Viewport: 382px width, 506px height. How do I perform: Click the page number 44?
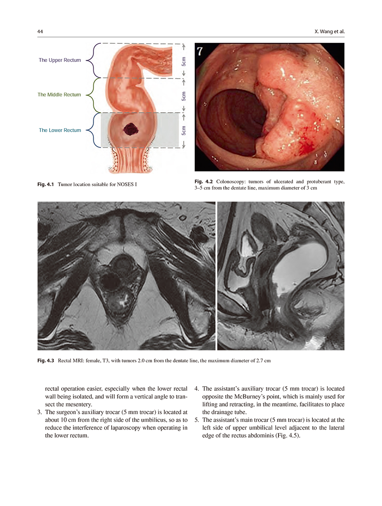(40, 32)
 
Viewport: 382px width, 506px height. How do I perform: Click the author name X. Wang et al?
(329, 32)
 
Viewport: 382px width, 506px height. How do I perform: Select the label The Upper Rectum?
(59, 60)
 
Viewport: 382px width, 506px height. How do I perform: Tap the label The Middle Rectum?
(59, 95)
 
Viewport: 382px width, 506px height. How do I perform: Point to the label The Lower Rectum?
(60, 130)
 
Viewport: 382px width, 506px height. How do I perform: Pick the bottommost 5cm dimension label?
(183, 130)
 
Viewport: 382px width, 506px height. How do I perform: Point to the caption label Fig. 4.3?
(46, 361)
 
